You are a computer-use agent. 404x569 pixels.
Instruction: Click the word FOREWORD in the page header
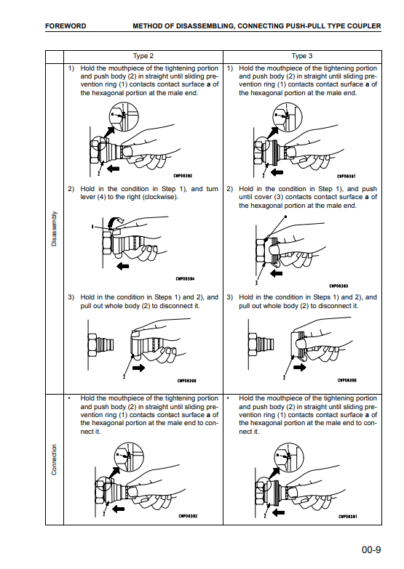66,26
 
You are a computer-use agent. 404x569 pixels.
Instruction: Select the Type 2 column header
143,56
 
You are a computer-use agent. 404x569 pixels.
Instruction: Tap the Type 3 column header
302,56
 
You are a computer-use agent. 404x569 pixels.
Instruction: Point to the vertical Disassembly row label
54,229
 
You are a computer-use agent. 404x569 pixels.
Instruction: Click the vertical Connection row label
54,460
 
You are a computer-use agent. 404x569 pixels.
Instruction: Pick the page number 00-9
371,550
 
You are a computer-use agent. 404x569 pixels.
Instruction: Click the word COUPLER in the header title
364,26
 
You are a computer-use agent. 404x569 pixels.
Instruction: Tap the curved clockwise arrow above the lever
116,220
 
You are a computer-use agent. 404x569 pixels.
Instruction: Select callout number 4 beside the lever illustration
92,227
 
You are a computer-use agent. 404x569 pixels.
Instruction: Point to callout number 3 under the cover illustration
257,283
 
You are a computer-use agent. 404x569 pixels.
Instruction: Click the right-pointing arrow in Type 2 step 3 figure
138,368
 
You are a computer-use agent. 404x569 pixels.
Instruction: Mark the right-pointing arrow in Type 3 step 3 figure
300,367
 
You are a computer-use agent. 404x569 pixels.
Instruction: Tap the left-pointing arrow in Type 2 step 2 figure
122,267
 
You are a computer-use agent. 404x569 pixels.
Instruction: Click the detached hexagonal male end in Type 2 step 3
100,344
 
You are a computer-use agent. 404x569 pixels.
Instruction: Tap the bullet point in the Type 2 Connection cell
69,398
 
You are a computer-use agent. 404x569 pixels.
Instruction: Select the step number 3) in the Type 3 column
229,297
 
